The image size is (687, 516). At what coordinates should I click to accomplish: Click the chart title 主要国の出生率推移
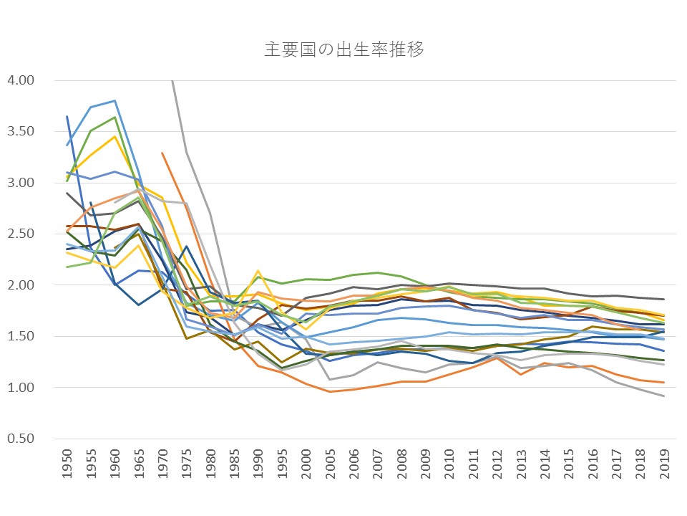(x=343, y=50)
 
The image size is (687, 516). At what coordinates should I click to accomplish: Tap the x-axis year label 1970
(x=163, y=467)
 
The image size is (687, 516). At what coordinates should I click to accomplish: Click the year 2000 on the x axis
(x=306, y=467)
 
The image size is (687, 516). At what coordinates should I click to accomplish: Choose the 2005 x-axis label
(x=329, y=467)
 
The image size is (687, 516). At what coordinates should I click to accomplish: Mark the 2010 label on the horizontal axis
(x=449, y=467)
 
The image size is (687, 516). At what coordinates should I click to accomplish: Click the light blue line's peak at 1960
(x=115, y=101)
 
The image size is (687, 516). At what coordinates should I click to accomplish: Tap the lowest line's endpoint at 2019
(x=663, y=396)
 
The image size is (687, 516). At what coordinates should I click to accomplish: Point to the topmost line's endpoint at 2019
(x=663, y=300)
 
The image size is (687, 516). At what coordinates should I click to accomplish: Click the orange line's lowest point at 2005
(x=329, y=391)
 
